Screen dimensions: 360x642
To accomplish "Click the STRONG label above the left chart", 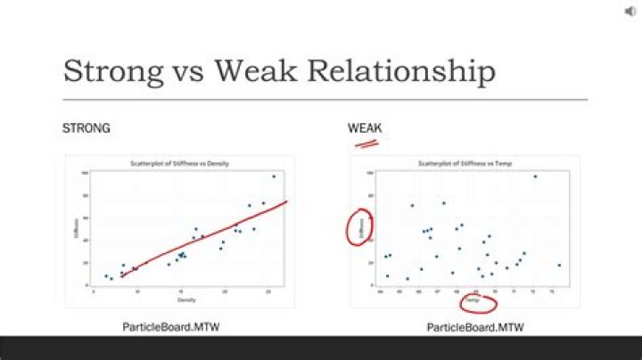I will pyautogui.click(x=86, y=128).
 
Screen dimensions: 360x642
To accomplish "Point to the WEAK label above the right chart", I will pyautogui.click(x=364, y=128).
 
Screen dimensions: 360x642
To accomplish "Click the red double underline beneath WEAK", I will pyautogui.click(x=367, y=142).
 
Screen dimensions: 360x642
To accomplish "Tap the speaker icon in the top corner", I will pyautogui.click(x=630, y=11).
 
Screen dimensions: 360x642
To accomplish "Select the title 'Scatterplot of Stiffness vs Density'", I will pyautogui.click(x=180, y=164).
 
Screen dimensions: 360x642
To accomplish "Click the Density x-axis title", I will pyautogui.click(x=181, y=299).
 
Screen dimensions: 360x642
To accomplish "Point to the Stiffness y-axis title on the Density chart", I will pyautogui.click(x=76, y=228).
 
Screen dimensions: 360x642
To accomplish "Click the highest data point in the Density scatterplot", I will pyautogui.click(x=274, y=176).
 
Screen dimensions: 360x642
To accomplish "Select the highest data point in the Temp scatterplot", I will pyautogui.click(x=535, y=176).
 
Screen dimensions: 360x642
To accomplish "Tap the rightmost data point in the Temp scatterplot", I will pyautogui.click(x=559, y=265).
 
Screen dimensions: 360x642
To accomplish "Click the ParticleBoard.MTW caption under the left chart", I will pyautogui.click(x=170, y=327).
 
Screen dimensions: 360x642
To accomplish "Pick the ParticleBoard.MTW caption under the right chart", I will pyautogui.click(x=475, y=327).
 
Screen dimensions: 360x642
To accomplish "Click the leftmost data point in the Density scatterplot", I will pyautogui.click(x=105, y=276).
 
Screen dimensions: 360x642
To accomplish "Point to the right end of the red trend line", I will pyautogui.click(x=286, y=201).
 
